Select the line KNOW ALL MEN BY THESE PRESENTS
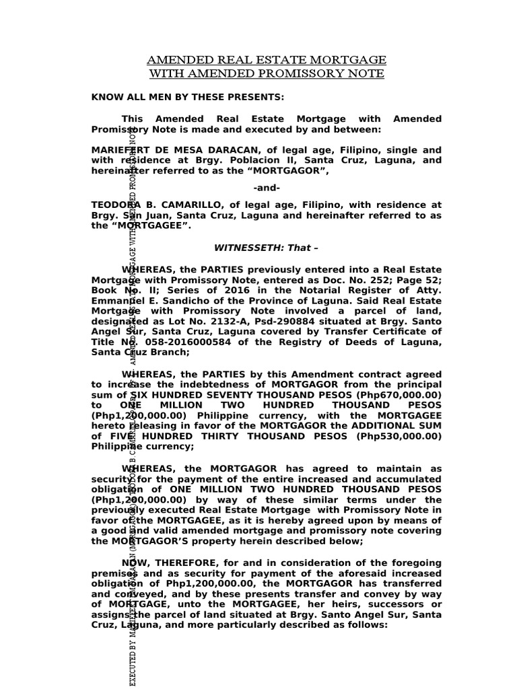point(178,97)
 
